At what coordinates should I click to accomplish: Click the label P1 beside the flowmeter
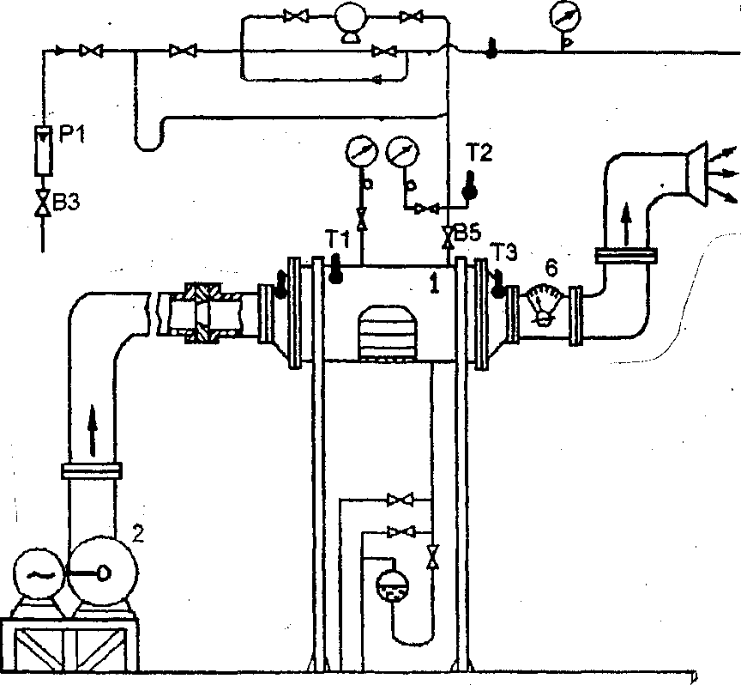coord(72,136)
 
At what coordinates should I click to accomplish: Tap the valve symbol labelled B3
coord(44,203)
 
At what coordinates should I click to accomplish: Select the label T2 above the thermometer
coord(479,153)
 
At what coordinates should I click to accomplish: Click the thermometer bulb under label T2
coord(470,192)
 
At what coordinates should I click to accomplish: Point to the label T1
coord(337,239)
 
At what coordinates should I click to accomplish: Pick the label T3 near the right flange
coord(503,252)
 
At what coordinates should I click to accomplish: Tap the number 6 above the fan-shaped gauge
coord(551,269)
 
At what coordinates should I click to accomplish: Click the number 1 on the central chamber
coord(434,284)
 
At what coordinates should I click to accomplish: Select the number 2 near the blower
coord(137,534)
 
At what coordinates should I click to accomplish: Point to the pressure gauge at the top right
coord(565,16)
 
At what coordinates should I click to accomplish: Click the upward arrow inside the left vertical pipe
coord(93,431)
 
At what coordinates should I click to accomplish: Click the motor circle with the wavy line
coord(35,574)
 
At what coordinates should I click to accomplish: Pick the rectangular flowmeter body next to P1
coord(44,150)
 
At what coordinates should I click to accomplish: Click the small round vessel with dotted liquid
coord(393,585)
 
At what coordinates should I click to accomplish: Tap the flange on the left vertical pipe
coord(92,470)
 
